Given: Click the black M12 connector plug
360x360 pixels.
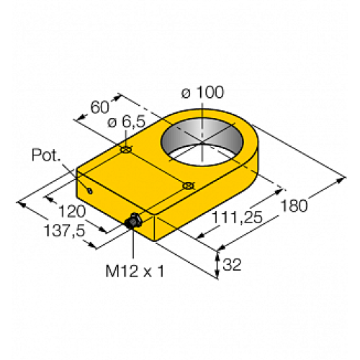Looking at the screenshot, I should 132,223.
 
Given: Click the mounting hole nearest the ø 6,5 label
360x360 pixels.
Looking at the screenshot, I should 126,150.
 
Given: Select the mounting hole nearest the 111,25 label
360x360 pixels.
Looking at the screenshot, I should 189,186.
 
